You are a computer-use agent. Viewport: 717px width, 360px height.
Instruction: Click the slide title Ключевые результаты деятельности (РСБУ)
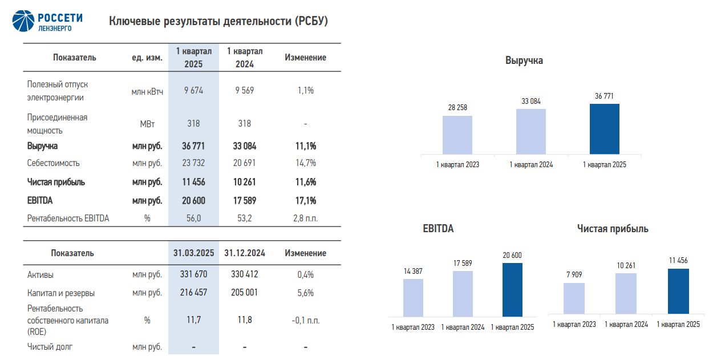[218, 21]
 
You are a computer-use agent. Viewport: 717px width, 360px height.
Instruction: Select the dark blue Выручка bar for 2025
[604, 129]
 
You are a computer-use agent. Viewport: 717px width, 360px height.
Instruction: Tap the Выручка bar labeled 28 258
[457, 135]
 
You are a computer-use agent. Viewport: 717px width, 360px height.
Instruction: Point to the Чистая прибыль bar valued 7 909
[574, 298]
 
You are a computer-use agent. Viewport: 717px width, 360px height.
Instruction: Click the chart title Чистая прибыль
[613, 229]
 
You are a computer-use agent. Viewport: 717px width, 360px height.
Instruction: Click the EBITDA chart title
[438, 229]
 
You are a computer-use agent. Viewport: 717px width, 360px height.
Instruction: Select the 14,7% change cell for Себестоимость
[305, 163]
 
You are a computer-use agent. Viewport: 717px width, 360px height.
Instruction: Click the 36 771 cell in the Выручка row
[193, 146]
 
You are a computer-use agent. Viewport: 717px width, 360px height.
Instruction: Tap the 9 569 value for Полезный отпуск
[244, 90]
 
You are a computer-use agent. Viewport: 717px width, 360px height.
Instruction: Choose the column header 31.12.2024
[244, 253]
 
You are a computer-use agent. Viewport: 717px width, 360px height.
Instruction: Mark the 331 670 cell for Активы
[193, 274]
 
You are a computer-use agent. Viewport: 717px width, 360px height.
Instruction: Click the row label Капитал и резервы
[61, 293]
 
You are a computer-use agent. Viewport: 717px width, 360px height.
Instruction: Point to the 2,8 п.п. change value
[305, 219]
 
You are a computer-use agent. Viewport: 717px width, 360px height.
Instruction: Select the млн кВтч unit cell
[147, 91]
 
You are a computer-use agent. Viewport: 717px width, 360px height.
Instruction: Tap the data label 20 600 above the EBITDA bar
[512, 256]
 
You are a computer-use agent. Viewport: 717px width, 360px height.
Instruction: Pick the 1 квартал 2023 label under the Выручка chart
[457, 165]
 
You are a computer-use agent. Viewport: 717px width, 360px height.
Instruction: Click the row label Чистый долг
[50, 346]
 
